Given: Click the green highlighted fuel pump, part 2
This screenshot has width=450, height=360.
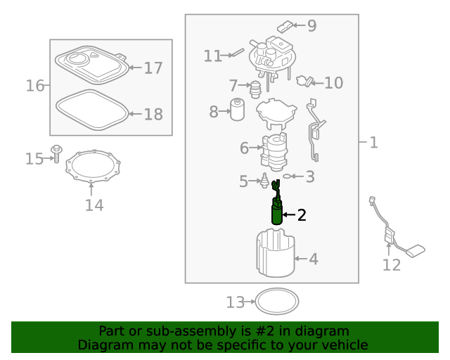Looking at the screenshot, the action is click(x=277, y=211).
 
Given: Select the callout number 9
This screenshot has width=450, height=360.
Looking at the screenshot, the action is click(x=312, y=25).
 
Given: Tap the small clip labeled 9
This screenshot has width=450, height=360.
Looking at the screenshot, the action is click(x=285, y=27).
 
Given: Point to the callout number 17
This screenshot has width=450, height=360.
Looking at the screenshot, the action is click(x=153, y=68).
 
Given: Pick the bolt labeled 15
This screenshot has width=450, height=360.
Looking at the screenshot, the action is click(x=56, y=153).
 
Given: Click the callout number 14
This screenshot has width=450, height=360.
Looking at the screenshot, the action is click(x=94, y=205).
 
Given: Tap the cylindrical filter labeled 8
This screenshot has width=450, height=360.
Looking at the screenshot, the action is click(x=238, y=110).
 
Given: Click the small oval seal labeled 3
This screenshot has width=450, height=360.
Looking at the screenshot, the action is click(x=286, y=176).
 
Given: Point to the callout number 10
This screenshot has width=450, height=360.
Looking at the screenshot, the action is click(x=334, y=83).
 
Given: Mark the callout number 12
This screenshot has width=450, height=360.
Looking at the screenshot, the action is click(x=392, y=265).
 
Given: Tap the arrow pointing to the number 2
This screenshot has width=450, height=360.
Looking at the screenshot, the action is click(x=289, y=214).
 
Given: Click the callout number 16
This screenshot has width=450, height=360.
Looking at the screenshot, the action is click(x=35, y=86).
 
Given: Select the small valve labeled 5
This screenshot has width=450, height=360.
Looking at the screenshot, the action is click(x=264, y=180).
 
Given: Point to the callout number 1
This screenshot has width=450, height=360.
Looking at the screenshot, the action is click(x=373, y=143).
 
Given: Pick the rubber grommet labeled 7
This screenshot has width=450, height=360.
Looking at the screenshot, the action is click(x=255, y=89).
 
